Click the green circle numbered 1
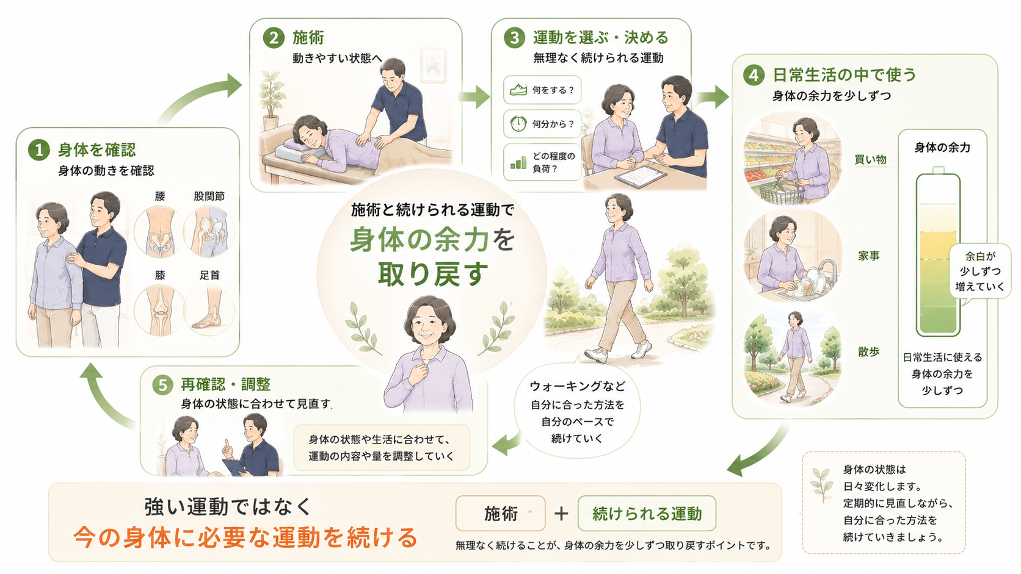pos(38,150)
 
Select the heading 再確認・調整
pos(225,385)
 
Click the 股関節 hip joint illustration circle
pos(209,232)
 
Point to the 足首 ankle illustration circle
pos(209,310)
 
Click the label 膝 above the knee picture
pos(160,275)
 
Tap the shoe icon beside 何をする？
pos(518,90)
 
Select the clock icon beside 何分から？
pos(518,124)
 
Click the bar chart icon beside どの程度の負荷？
pos(518,162)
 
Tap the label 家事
pos(869,256)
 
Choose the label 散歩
pos(869,352)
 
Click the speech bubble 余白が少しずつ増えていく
pos(980,271)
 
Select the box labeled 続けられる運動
pos(647,514)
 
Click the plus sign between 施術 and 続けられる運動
pos(561,514)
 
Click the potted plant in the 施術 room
pos(271,101)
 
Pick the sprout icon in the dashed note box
pos(822,485)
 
